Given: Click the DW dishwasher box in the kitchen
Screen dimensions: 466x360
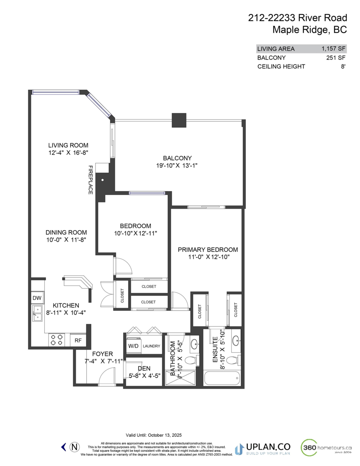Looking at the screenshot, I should pyautogui.click(x=37, y=298).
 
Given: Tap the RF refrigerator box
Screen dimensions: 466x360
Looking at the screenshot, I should pyautogui.click(x=78, y=341).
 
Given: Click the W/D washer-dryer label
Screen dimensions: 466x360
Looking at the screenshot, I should pyautogui.click(x=133, y=346).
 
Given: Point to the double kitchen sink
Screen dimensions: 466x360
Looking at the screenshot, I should pyautogui.click(x=38, y=313).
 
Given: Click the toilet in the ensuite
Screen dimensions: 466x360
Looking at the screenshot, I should pyautogui.click(x=232, y=360).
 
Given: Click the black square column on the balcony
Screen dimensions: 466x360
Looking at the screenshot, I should pyautogui.click(x=179, y=120).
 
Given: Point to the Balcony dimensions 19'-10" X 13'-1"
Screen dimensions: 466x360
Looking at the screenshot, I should pyautogui.click(x=177, y=165).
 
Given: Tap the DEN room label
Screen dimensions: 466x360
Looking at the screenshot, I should pyautogui.click(x=144, y=368).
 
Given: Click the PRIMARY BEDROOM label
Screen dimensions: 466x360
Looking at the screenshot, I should pyautogui.click(x=207, y=250).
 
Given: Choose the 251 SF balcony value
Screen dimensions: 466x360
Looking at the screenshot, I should pyautogui.click(x=336, y=58).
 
